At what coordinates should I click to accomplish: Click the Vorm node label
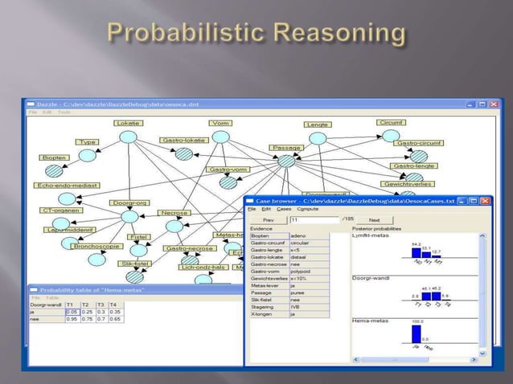tap(220, 123)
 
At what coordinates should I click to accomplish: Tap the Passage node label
tap(286, 148)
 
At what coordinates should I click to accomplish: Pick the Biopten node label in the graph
tap(50, 157)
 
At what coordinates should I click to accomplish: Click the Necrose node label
tap(174, 213)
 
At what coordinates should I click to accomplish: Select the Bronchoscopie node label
tap(97, 247)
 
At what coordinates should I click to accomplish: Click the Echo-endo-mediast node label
tap(67, 185)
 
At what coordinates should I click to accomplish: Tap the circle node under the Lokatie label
tap(128, 137)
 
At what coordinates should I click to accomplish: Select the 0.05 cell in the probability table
tap(72, 312)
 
